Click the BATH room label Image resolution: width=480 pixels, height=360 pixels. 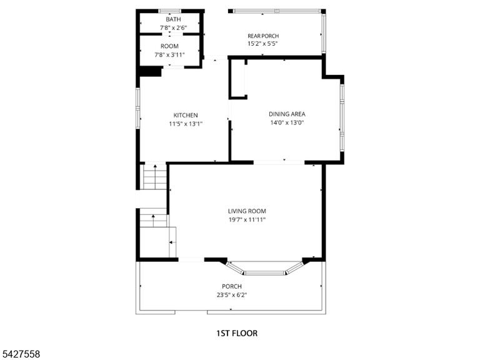click(x=173, y=19)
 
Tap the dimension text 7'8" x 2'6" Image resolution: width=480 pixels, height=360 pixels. click(x=173, y=28)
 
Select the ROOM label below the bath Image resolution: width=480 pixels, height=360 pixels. click(x=169, y=46)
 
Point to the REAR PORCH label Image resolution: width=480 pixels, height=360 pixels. click(x=263, y=36)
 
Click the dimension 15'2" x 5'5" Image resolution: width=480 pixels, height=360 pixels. click(x=262, y=44)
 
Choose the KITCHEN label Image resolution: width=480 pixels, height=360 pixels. click(x=186, y=116)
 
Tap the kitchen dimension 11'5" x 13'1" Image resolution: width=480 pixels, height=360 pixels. click(x=186, y=124)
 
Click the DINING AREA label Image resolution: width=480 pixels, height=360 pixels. click(x=287, y=114)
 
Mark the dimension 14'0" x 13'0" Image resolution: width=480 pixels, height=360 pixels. click(x=287, y=122)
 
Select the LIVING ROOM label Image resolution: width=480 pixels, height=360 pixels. click(x=247, y=211)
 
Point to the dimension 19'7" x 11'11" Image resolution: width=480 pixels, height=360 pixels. click(x=247, y=219)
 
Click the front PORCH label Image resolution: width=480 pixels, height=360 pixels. click(x=232, y=286)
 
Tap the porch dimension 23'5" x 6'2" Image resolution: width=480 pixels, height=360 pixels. click(x=232, y=295)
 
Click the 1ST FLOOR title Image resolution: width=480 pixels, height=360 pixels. click(x=237, y=333)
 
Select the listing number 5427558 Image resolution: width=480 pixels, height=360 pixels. click(x=20, y=354)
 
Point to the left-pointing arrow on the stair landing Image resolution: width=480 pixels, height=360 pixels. click(x=172, y=242)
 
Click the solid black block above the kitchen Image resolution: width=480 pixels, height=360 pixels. click(x=150, y=72)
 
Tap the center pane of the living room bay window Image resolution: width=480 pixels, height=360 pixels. click(x=264, y=272)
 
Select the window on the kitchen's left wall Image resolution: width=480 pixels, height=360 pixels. click(x=138, y=107)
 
